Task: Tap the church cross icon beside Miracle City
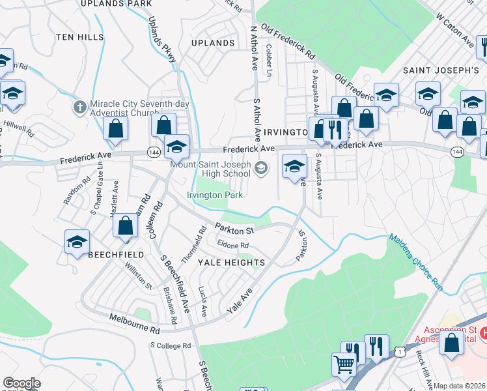point(79,106)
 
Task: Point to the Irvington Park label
point(215,195)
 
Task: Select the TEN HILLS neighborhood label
point(80,36)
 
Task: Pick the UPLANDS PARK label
point(116,3)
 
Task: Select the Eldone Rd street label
point(233,246)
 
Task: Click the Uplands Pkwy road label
point(163,39)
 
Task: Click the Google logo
point(21,384)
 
